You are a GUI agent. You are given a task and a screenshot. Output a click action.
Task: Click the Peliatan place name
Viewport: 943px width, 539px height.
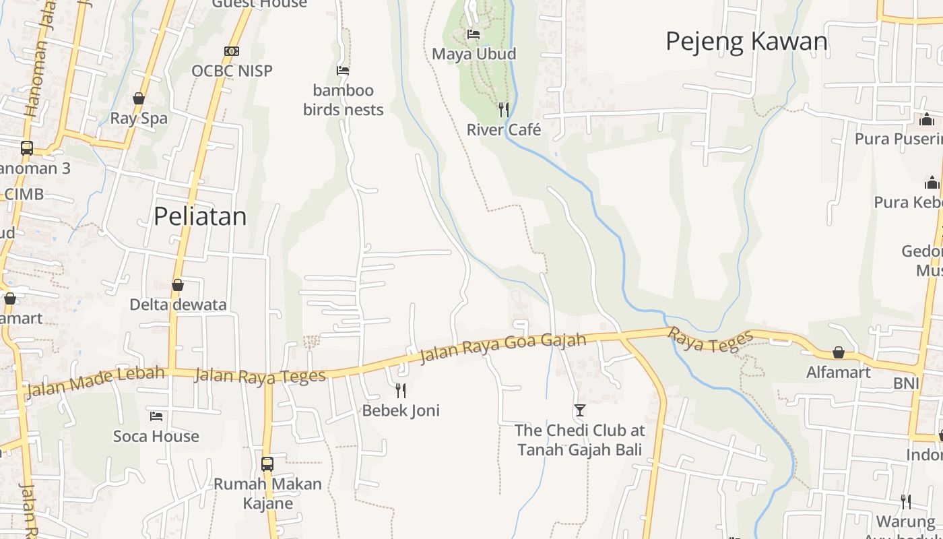(x=200, y=216)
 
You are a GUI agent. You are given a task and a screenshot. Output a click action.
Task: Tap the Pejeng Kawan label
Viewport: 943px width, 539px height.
(x=746, y=41)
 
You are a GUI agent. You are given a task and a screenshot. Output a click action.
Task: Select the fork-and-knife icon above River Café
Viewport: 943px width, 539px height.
(x=504, y=109)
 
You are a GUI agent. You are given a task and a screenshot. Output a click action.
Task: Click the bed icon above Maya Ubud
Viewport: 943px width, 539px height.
(x=474, y=34)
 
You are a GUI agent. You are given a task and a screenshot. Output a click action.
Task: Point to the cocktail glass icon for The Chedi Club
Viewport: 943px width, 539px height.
(x=579, y=410)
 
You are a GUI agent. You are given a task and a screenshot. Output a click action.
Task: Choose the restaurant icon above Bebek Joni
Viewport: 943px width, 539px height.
(x=401, y=390)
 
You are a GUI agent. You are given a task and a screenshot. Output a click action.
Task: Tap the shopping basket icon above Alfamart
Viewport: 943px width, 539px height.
(x=839, y=352)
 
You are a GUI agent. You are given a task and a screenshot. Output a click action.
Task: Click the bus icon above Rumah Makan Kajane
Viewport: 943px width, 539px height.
(x=267, y=464)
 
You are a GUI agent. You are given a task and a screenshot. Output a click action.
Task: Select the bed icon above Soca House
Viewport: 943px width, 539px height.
(x=156, y=416)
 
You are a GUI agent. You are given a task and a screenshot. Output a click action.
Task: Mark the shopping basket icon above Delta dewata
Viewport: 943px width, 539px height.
(x=178, y=285)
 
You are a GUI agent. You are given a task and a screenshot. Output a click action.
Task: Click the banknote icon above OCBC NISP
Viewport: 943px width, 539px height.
(x=232, y=51)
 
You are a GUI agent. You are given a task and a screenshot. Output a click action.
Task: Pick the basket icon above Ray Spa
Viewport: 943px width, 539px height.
(x=139, y=98)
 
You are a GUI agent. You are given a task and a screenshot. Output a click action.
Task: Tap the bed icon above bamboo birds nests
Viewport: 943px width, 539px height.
(x=343, y=70)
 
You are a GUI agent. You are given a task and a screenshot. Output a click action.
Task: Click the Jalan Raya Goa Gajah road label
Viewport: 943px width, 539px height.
(x=502, y=347)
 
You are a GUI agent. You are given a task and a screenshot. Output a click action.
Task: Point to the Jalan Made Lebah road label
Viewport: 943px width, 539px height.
(x=94, y=382)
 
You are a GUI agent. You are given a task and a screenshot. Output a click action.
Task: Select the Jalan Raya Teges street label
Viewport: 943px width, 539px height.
(x=260, y=375)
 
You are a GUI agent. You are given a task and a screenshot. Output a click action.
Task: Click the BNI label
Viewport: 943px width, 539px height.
(x=906, y=383)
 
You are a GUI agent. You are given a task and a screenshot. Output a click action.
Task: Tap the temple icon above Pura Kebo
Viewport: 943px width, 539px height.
(x=932, y=183)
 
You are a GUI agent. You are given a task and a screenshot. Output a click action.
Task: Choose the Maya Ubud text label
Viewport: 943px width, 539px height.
(x=474, y=54)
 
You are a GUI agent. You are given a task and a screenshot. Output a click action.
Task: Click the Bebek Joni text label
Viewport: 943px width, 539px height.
(x=401, y=410)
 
